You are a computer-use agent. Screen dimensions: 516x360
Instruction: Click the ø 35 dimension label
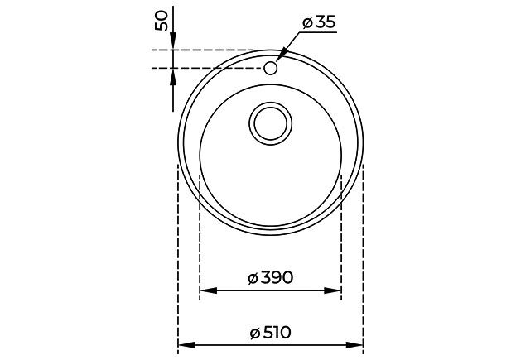pos(319,22)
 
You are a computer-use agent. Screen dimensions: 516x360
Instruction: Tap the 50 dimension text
pos(162,21)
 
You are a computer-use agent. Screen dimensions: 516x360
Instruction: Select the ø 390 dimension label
pos(270,278)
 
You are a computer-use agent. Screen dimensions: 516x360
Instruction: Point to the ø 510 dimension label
pos(271,333)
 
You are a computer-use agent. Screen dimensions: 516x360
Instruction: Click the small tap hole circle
pos(271,68)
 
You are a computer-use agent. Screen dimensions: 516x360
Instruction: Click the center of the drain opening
pos(271,123)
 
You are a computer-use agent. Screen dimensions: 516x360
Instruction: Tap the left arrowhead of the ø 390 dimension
pos(209,290)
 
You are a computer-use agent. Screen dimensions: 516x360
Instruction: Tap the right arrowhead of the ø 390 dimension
pos(332,290)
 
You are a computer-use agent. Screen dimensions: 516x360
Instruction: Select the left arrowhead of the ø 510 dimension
pos(186,345)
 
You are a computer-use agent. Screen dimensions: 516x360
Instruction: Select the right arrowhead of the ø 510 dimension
pos(354,345)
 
